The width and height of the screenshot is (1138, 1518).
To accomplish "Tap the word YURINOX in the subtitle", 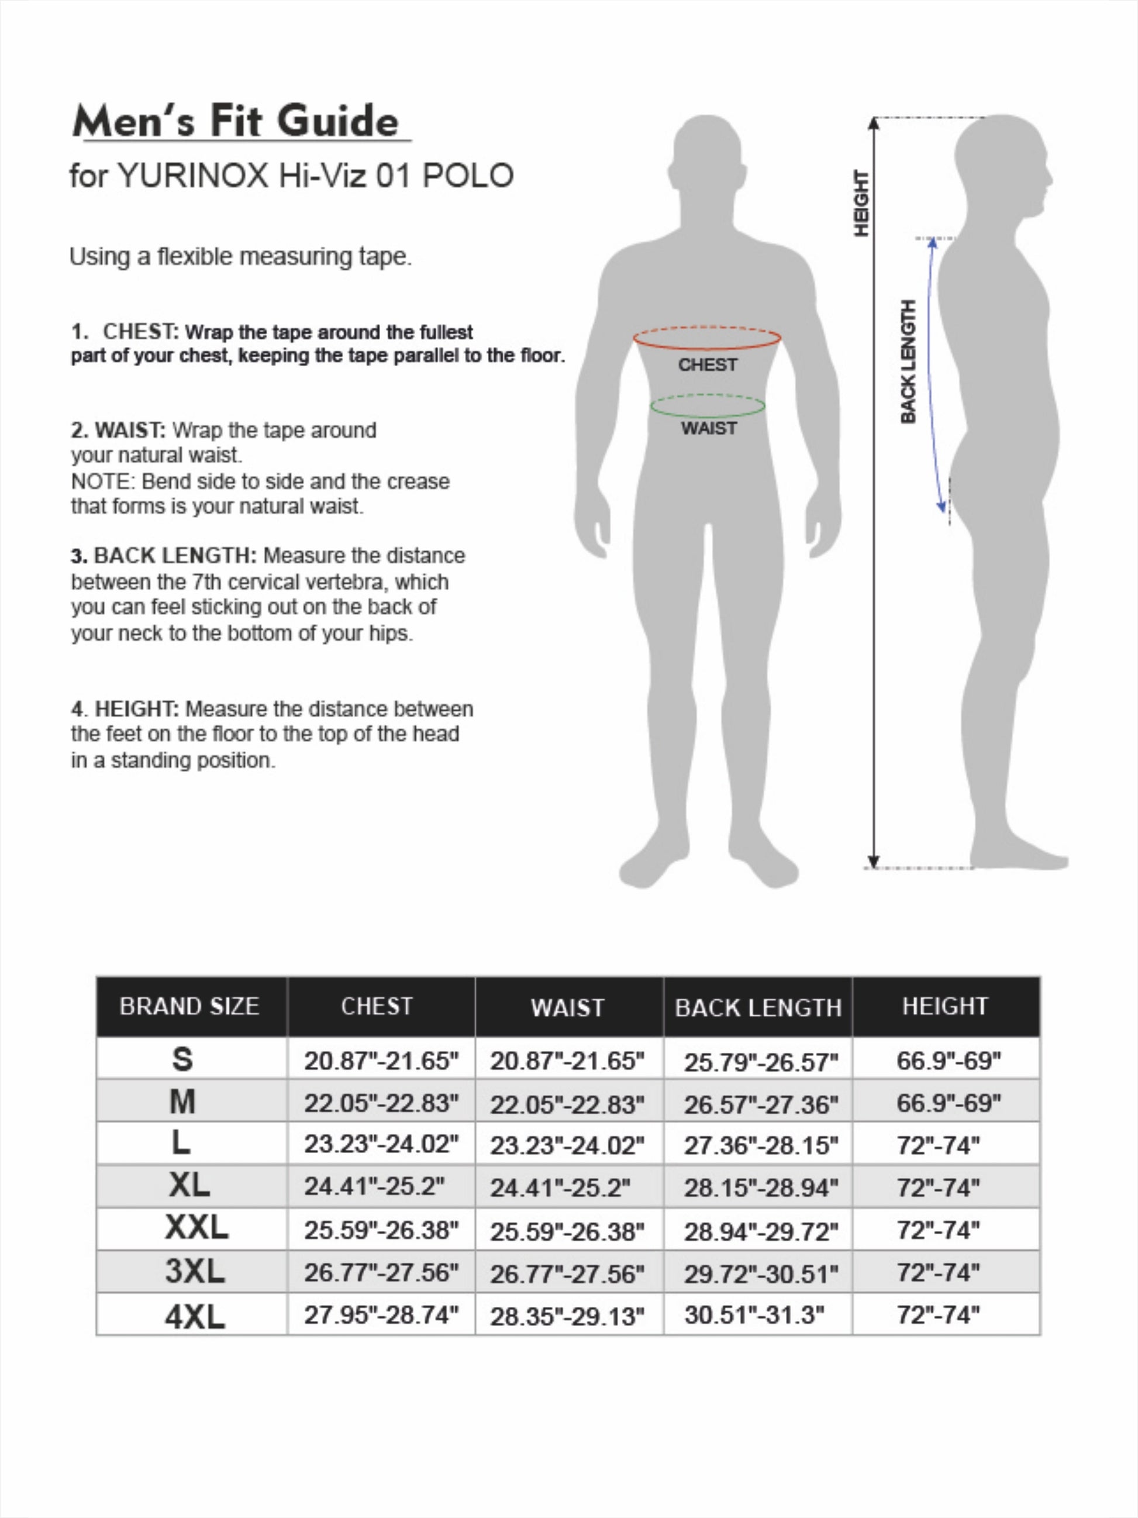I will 193,176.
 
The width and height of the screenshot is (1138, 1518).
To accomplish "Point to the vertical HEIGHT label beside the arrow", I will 861,204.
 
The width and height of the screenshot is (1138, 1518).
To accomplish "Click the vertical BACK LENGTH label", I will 908,362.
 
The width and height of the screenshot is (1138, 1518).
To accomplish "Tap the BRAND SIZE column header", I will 189,1006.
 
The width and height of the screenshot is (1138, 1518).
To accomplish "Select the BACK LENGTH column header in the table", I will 758,1007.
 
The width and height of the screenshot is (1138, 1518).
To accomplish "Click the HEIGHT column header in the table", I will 945,1006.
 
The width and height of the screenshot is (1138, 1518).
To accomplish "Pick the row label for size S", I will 182,1059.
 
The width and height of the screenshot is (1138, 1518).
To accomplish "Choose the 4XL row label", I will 195,1317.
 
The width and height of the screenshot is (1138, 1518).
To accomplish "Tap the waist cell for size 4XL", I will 567,1317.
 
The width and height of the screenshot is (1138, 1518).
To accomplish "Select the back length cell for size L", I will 761,1146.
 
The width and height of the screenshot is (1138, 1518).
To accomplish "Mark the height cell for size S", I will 949,1061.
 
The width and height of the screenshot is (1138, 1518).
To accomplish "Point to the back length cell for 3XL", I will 761,1273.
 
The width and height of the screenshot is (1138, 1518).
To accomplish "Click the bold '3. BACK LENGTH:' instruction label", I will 164,556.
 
